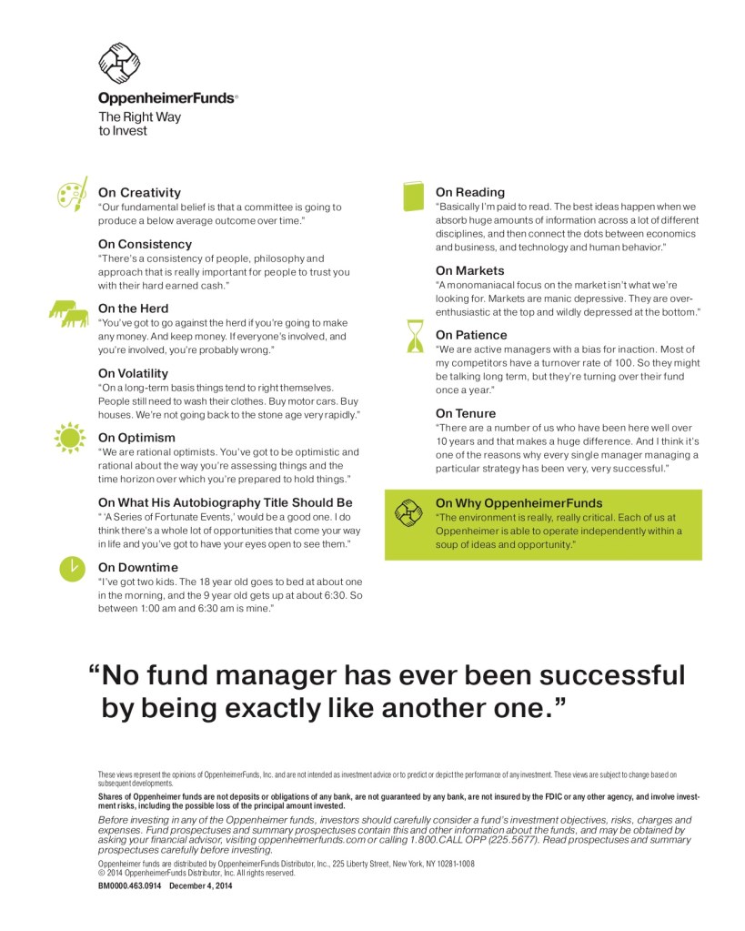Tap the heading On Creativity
point(139,192)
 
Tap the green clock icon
point(69,568)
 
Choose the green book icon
point(414,195)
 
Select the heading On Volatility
point(133,373)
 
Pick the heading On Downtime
point(136,567)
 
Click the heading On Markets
point(469,270)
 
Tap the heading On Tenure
point(465,413)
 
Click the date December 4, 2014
point(200,884)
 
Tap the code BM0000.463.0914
point(129,884)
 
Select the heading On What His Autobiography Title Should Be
point(225,502)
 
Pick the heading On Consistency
point(145,244)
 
